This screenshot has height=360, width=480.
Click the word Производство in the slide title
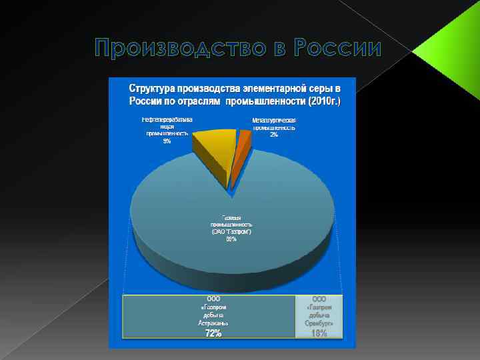(176, 49)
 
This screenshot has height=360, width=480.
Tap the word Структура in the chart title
(154, 89)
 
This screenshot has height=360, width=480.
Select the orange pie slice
(244, 141)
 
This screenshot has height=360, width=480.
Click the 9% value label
(167, 141)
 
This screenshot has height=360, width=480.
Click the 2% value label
(274, 135)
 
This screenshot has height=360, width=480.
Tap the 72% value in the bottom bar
(213, 333)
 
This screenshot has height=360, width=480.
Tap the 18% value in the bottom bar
(319, 333)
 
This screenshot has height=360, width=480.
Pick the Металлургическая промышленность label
(274, 123)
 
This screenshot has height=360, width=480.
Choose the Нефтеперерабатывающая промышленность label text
(167, 126)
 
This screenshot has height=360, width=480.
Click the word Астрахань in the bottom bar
(213, 323)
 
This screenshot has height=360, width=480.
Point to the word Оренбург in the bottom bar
(319, 323)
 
